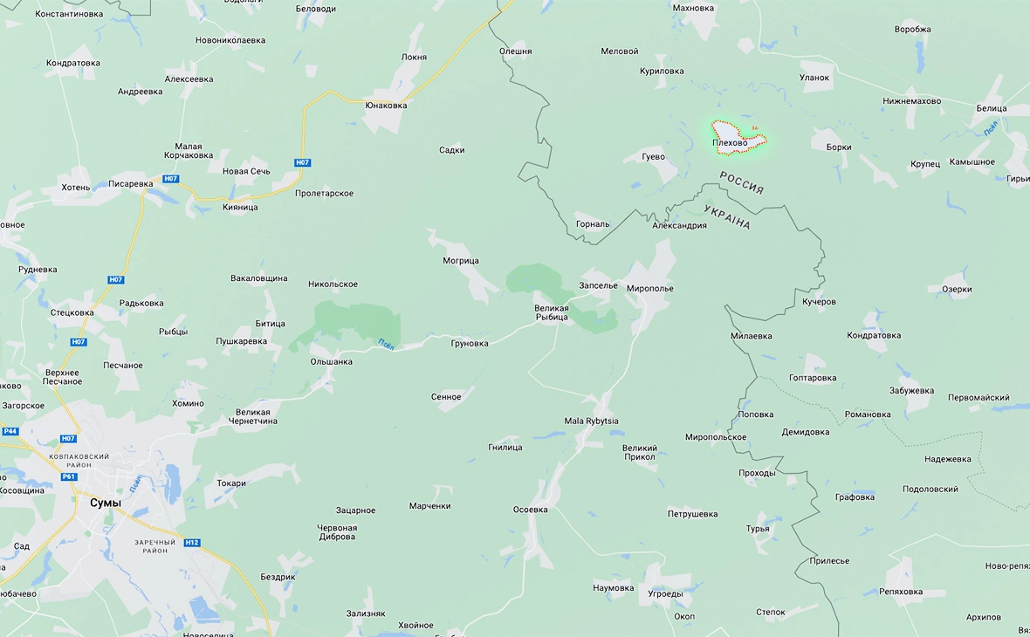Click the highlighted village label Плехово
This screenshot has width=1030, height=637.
(730, 143)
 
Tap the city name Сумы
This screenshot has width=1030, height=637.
(106, 503)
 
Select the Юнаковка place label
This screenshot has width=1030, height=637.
(387, 106)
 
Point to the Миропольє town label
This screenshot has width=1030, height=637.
(650, 289)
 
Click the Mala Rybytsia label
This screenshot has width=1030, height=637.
(592, 421)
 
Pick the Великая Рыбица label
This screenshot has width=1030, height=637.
(552, 312)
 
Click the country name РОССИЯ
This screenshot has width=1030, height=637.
(742, 182)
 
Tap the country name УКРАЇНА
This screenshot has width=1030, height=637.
(727, 217)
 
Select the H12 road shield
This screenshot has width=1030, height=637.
(192, 543)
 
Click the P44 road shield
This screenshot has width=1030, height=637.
(10, 431)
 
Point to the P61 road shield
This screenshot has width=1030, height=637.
(70, 476)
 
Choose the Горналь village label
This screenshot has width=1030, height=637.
(593, 224)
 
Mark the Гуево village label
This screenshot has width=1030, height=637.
(653, 157)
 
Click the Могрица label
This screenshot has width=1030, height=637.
(461, 261)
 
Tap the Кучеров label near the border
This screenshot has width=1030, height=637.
(819, 302)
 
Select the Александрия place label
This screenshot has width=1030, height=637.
(679, 226)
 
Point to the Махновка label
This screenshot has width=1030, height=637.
(693, 8)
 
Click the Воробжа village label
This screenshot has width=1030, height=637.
(913, 29)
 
